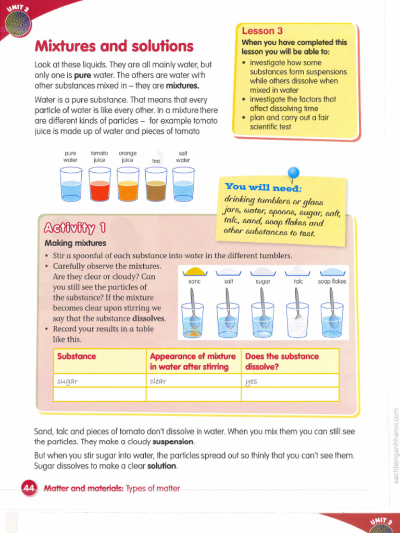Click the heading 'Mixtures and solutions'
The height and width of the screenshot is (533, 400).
point(114,46)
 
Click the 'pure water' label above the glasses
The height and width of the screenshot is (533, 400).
point(70,157)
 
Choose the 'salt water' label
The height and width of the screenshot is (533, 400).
point(183,157)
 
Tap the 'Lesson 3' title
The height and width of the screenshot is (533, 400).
point(262,31)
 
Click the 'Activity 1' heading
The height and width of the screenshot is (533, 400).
point(75,228)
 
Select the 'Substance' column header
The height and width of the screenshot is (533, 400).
point(77,357)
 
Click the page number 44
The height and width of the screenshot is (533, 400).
point(28,488)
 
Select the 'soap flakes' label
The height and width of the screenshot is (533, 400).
point(332,282)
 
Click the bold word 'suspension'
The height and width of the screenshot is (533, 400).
point(173,442)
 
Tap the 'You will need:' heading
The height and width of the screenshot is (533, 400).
point(263,187)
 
